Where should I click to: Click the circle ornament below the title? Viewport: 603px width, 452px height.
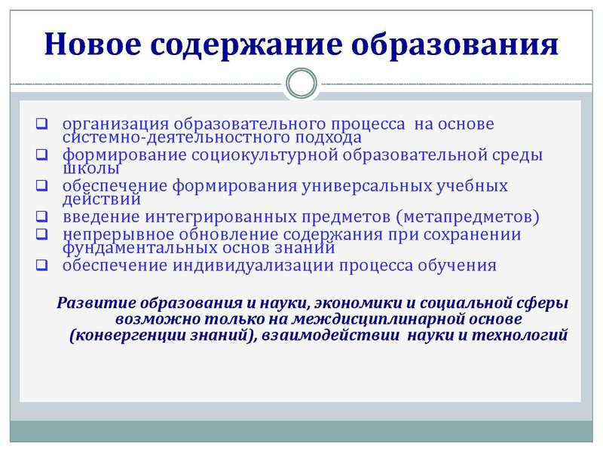(x=301, y=83)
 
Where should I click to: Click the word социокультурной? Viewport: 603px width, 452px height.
(x=280, y=156)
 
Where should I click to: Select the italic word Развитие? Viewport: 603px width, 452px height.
(x=92, y=304)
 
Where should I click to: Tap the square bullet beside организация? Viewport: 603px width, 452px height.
(x=43, y=124)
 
